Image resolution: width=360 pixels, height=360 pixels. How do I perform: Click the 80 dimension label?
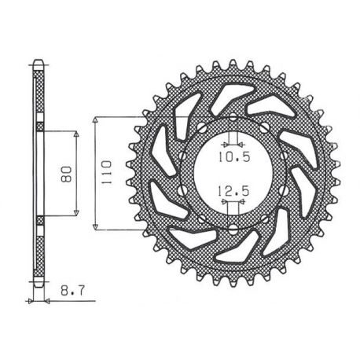pyautogui.click(x=66, y=174)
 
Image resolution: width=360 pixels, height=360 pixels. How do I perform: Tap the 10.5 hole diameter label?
pyautogui.click(x=234, y=156)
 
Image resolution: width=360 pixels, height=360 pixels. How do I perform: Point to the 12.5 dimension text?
pyautogui.click(x=233, y=191)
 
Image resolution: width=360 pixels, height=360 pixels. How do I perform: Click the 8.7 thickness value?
pyautogui.click(x=72, y=291)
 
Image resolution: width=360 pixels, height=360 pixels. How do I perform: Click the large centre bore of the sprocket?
pyautogui.click(x=233, y=174)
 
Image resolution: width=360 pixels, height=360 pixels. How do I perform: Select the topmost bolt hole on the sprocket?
pyautogui.click(x=233, y=117)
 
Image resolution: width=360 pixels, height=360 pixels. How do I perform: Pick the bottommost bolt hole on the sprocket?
pyautogui.click(x=233, y=230)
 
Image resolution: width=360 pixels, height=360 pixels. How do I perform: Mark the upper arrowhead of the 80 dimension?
pyautogui.click(x=76, y=134)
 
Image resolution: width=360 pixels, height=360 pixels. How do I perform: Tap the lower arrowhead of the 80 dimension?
pyautogui.click(x=76, y=213)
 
